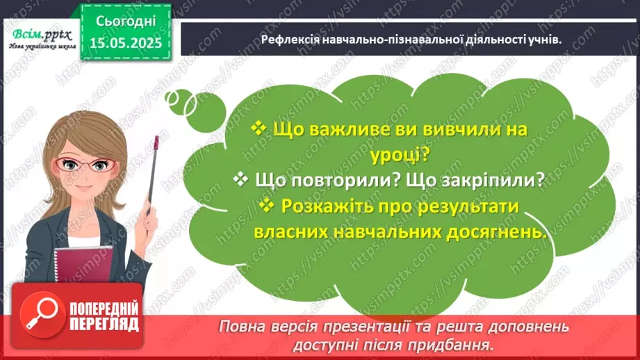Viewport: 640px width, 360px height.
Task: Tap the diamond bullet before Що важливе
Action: [x=258, y=129]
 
